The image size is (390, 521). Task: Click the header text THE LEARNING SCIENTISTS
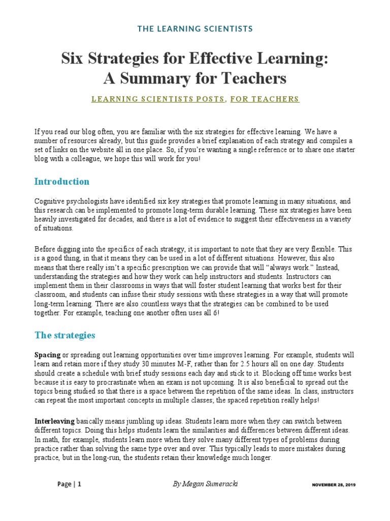point(195,29)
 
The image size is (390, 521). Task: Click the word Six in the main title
point(74,59)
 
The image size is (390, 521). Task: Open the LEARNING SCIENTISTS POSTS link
point(158,99)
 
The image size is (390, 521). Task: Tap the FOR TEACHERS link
point(265,99)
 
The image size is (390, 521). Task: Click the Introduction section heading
point(61,182)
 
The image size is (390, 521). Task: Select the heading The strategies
point(64,335)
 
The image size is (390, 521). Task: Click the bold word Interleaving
point(54,422)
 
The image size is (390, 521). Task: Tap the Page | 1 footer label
point(69,484)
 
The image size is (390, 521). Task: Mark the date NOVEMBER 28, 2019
point(334,485)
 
